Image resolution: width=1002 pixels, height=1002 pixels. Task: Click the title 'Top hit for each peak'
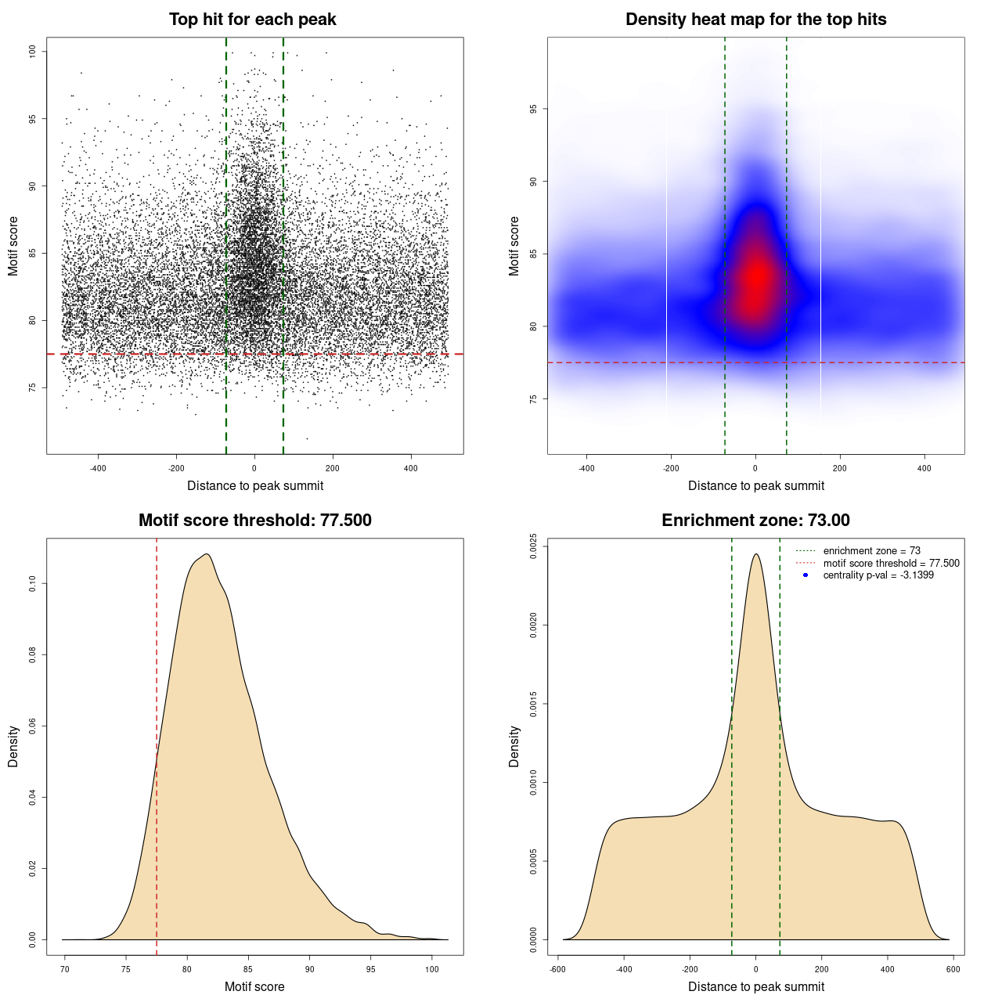click(253, 20)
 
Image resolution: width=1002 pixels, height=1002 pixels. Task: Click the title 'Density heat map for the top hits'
click(755, 20)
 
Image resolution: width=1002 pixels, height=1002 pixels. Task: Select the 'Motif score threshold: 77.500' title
click(254, 521)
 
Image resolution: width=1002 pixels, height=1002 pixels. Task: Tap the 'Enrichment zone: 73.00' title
click(755, 521)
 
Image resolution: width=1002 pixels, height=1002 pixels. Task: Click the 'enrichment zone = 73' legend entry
click(871, 551)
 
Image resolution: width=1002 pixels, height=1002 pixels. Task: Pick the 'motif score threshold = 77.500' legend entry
click(891, 563)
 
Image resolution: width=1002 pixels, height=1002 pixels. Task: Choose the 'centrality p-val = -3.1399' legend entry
click(878, 575)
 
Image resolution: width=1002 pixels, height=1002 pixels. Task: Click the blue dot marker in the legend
click(806, 575)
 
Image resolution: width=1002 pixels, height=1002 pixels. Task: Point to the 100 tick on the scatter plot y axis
click(33, 52)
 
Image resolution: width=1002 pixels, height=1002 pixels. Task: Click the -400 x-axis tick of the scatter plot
click(98, 468)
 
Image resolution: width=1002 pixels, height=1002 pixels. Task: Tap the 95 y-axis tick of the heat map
click(534, 109)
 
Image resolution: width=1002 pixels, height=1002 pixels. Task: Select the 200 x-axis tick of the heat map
click(840, 468)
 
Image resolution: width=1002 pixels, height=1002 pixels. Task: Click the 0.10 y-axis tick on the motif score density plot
click(33, 584)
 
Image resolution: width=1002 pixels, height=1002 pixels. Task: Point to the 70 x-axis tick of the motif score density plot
click(65, 969)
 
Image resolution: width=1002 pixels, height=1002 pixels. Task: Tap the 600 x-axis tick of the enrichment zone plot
click(953, 969)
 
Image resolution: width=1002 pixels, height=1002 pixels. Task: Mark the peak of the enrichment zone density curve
click(755, 554)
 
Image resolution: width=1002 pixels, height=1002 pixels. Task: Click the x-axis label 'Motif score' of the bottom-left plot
click(254, 986)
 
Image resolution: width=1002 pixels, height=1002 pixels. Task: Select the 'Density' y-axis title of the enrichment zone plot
click(514, 746)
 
